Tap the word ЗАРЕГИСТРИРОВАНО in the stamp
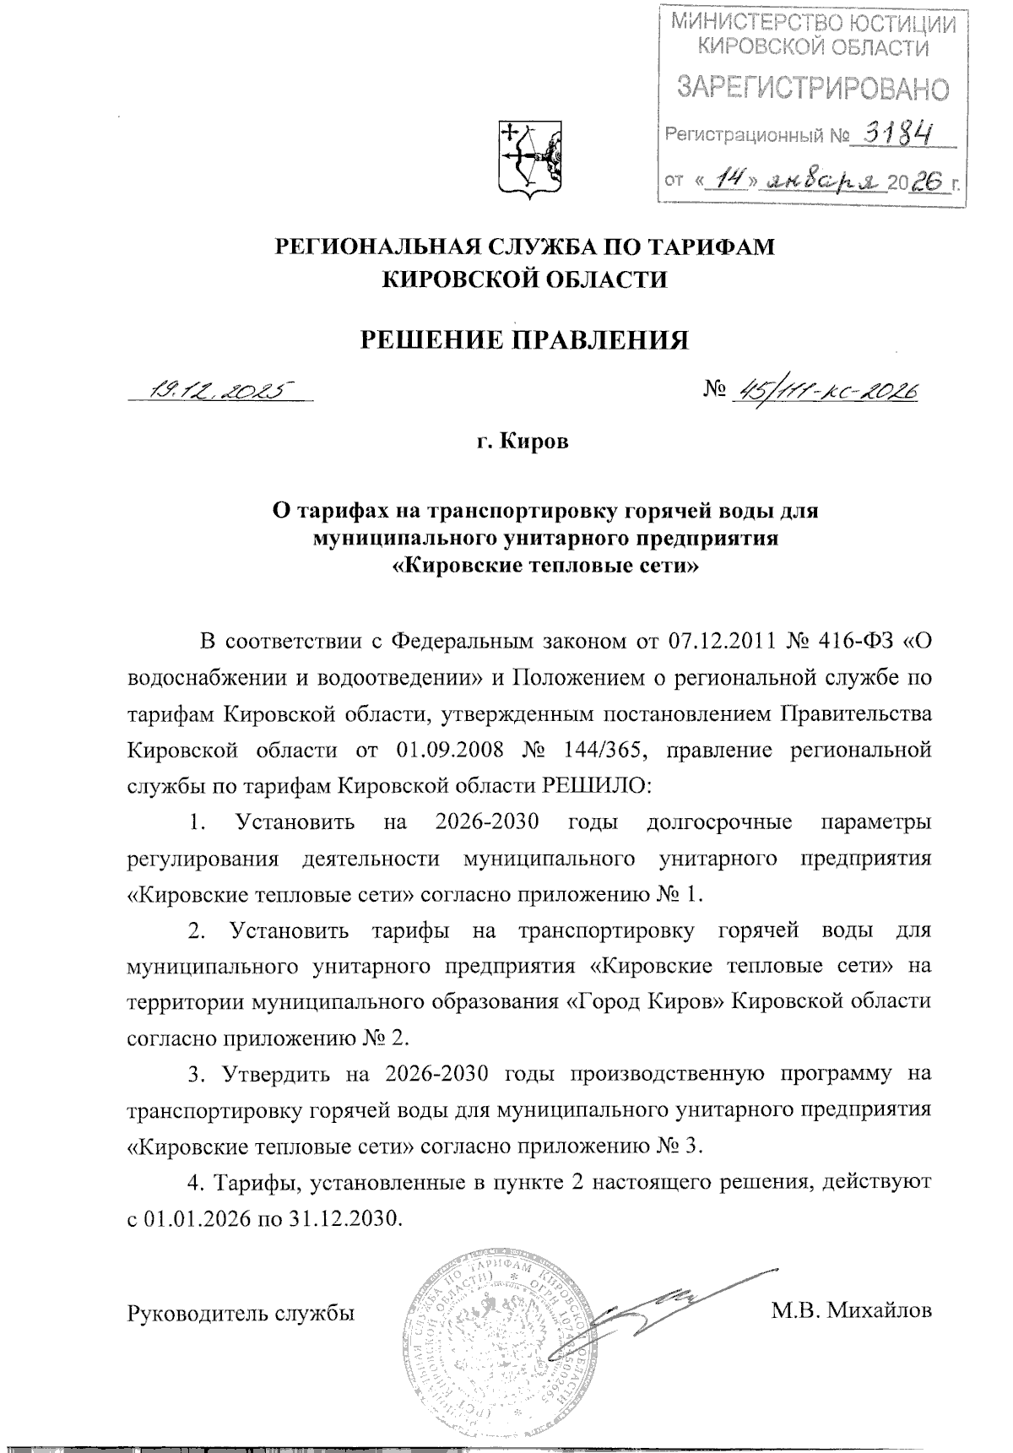click(814, 86)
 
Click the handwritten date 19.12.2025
click(218, 389)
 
